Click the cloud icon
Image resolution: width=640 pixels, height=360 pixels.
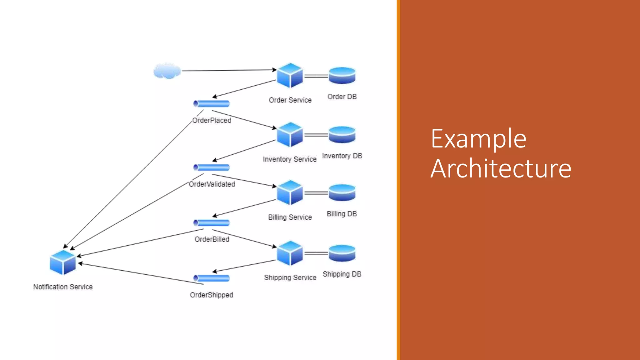coord(167,71)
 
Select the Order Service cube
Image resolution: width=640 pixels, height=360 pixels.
coord(290,76)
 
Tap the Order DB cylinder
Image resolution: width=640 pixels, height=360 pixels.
coord(342,76)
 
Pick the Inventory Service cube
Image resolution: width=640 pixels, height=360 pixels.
coord(290,135)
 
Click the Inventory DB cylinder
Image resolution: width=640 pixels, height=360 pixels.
coord(342,135)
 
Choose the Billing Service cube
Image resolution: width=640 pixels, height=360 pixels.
coord(290,193)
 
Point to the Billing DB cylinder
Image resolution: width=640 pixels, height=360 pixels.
coord(342,193)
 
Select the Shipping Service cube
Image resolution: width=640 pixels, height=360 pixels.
coord(290,253)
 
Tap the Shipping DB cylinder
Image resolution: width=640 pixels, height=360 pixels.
coord(342,253)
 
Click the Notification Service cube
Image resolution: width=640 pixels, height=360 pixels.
coord(63,262)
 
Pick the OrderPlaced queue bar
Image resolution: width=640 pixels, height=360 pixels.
coord(212,104)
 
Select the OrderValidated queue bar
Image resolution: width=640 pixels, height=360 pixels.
coord(212,167)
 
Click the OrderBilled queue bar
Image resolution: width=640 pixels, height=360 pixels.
coord(212,223)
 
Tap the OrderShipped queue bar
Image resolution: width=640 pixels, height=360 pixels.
coord(212,278)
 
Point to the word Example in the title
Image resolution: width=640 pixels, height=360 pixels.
coord(478,139)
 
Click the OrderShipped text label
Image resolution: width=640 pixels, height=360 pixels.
coord(212,295)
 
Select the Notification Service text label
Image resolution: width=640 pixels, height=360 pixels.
coord(63,287)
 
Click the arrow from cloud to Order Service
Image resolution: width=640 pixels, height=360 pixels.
coord(228,70)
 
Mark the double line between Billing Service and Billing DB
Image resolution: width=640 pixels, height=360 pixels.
coord(316,193)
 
